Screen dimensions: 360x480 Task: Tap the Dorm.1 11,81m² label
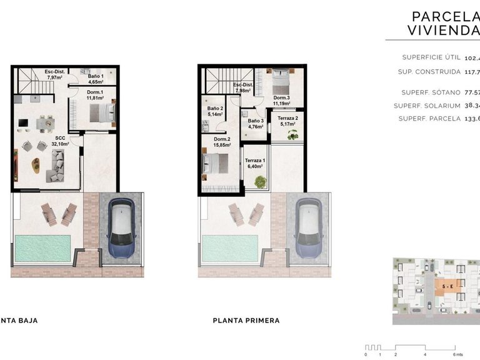tap(95, 95)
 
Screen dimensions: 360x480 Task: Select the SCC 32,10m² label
tap(60, 141)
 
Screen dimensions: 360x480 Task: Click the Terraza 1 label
tap(255, 164)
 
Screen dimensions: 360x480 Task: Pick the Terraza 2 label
tap(287, 121)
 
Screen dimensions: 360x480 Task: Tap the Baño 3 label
tap(254, 124)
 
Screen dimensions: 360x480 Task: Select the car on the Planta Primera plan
tap(308, 228)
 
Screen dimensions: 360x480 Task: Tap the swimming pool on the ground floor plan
tap(43, 247)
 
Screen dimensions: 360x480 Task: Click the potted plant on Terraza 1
tap(260, 182)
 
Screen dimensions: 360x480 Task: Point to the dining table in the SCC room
tap(46, 124)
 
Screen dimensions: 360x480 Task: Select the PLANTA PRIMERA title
tap(246, 321)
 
